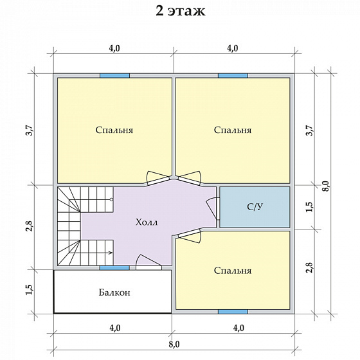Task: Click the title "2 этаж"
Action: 181,11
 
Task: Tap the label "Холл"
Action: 147,222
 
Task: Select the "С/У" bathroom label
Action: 255,207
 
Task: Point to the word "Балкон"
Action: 114,292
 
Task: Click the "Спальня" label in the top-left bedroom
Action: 114,130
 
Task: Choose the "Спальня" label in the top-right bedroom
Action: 233,130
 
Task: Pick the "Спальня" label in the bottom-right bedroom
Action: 233,271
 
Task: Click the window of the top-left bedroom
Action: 114,76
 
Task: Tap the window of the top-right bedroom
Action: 233,76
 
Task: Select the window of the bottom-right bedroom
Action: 233,312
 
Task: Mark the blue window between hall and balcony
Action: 114,267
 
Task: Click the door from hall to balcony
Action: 148,262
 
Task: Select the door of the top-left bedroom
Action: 158,178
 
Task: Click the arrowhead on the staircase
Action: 111,253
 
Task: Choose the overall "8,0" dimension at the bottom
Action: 174,344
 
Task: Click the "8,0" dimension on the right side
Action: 327,186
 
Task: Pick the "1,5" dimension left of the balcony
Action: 30,290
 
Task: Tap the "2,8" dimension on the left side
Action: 30,226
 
